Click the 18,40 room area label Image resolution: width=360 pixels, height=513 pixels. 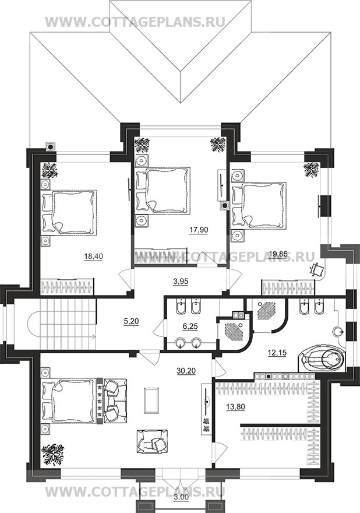[x=94, y=257]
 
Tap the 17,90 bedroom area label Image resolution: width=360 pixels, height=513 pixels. [x=199, y=230]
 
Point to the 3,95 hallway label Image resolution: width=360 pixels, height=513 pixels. [x=181, y=280]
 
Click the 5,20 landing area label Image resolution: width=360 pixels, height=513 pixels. [x=132, y=322]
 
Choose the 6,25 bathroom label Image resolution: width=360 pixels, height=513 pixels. [x=190, y=326]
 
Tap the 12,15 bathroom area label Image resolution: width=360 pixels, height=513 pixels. [x=277, y=353]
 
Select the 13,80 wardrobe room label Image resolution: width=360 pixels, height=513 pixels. [x=235, y=407]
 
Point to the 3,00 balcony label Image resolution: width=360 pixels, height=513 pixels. [x=181, y=506]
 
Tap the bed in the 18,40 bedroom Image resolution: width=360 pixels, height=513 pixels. [x=69, y=212]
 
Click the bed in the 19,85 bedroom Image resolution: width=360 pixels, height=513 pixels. [x=259, y=205]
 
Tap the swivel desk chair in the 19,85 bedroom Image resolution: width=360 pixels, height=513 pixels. [x=316, y=269]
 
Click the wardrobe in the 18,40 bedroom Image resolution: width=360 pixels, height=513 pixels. [x=67, y=286]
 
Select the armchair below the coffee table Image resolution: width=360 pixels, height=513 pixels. [x=153, y=442]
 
